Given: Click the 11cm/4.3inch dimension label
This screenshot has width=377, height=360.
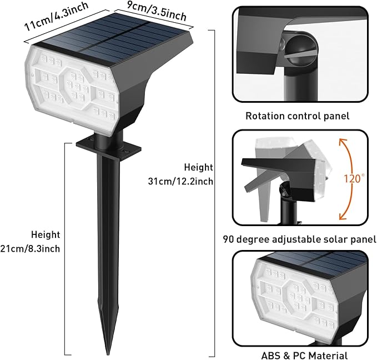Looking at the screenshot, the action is (57, 16).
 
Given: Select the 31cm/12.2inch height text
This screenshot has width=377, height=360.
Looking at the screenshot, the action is (180, 181).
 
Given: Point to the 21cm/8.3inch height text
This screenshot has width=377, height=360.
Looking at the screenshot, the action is (30, 248).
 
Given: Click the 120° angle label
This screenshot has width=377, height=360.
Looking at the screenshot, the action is (354, 178).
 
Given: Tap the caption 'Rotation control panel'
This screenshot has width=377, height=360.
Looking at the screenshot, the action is (298, 116).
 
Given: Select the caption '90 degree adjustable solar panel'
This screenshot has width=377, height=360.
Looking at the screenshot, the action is (300, 239).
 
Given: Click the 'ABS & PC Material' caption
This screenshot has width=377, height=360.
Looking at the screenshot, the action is (304, 356).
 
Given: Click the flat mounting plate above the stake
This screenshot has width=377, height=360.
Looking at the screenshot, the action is (108, 148).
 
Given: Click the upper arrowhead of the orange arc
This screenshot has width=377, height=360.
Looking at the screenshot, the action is (342, 142).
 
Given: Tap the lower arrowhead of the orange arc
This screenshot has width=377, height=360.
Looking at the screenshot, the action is (342, 217).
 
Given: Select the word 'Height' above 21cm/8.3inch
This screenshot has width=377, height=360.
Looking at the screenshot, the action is (46, 234).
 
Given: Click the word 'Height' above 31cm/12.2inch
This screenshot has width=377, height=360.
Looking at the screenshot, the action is (198, 167).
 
